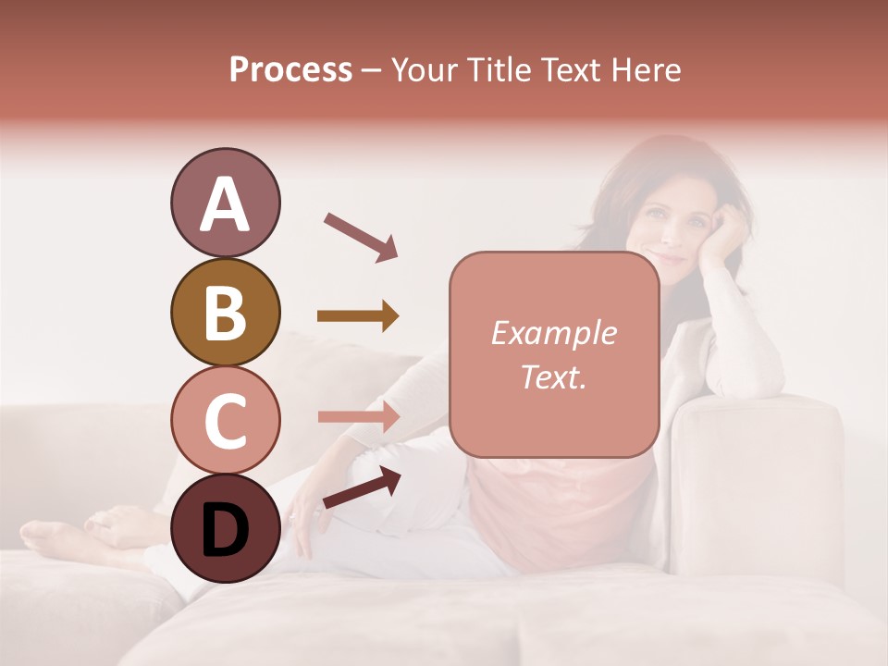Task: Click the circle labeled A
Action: point(225,203)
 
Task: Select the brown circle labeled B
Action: point(225,312)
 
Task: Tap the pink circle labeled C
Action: point(225,420)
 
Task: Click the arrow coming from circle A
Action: point(360,236)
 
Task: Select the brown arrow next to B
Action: point(357,316)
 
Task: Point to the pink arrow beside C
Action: point(357,416)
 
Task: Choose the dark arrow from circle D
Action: point(362,487)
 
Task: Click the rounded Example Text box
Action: point(554,354)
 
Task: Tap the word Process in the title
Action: point(290,69)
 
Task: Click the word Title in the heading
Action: point(498,69)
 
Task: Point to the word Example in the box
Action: point(553,333)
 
